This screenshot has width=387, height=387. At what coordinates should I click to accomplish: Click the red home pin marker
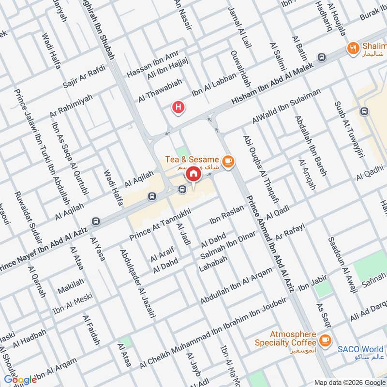(x=193, y=173)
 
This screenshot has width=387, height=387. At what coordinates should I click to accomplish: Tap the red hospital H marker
(x=179, y=107)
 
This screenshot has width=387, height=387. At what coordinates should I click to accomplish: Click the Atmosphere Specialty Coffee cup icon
(x=325, y=340)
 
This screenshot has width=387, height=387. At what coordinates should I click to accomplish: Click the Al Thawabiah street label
(x=160, y=90)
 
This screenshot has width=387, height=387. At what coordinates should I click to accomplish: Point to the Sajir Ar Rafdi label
(x=84, y=78)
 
